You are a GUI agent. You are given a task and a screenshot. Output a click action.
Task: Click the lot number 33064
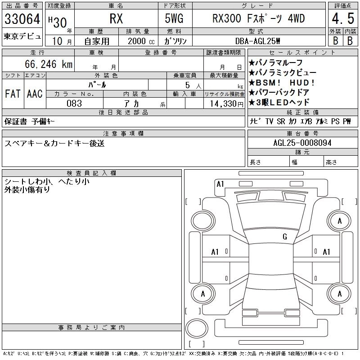pos(22,19)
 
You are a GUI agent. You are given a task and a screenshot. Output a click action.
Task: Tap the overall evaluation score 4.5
pos(342,19)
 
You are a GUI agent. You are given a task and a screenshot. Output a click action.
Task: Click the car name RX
pos(117,19)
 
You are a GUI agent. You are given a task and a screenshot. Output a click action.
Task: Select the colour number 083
pos(74,103)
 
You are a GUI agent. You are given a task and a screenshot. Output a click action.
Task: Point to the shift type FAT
pos(13,94)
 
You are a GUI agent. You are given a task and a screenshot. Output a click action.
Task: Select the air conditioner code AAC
pos(35,94)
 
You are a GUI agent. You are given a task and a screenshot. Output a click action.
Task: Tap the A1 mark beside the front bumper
pos(220,184)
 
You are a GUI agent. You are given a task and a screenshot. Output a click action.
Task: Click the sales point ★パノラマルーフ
pos(275,63)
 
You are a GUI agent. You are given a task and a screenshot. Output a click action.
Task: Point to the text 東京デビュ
pos(22,36)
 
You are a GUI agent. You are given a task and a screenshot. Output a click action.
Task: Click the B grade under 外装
pos(335,40)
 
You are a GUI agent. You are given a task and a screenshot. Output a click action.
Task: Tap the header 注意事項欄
pos(123,134)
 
